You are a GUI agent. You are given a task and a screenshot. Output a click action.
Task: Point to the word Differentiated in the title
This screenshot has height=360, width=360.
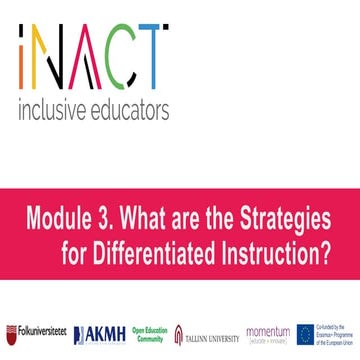[x=162, y=253]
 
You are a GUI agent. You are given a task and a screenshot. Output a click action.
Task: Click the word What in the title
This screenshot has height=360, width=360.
[x=141, y=218]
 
